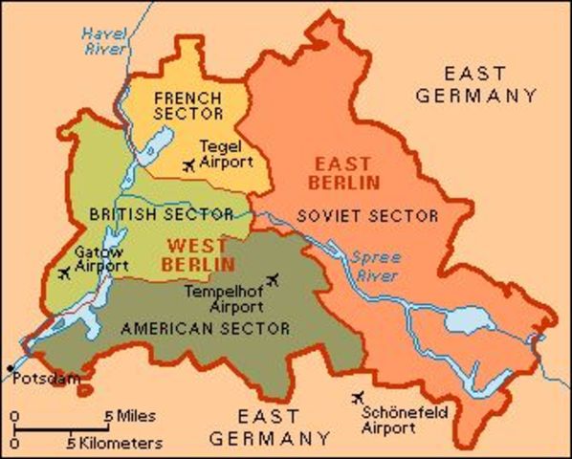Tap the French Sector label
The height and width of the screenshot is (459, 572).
(187, 106)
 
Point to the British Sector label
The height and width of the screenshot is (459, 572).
(162, 213)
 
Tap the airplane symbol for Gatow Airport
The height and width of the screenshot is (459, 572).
(64, 273)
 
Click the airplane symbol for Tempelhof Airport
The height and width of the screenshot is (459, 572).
(274, 279)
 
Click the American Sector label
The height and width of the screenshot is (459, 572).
(205, 328)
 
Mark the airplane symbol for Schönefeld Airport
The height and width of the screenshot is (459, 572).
(360, 397)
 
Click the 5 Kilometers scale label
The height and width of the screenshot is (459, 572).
(114, 443)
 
